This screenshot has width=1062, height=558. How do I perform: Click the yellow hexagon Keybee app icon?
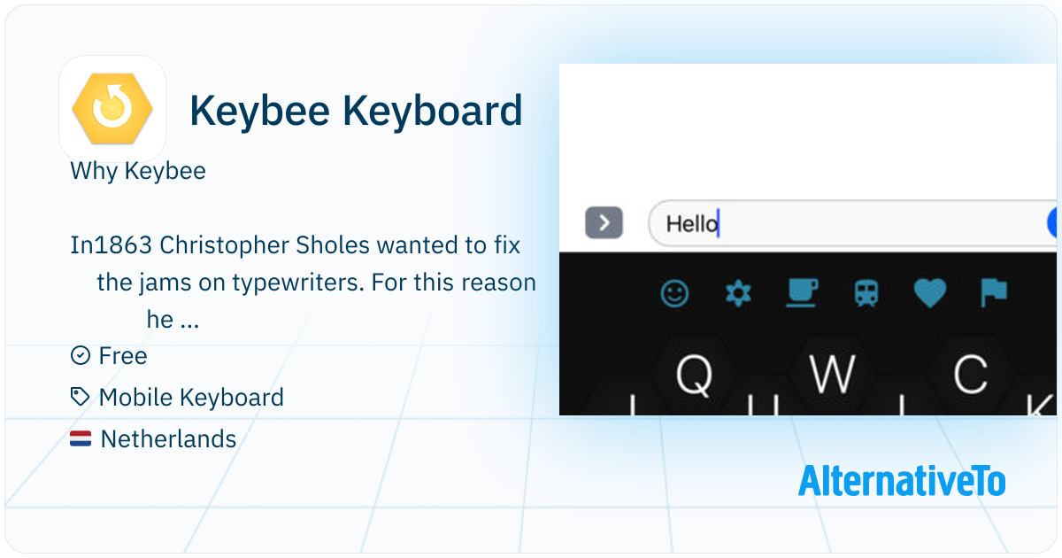pos(112,109)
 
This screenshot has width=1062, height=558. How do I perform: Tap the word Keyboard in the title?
pos(433,111)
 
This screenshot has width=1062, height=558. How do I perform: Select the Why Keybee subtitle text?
pos(138,171)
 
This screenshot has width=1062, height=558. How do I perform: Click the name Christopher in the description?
pos(224,245)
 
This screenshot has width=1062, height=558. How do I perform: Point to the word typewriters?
pos(298,283)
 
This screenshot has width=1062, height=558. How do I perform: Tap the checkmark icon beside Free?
pos(81,355)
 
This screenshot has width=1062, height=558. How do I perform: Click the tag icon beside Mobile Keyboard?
pos(80,397)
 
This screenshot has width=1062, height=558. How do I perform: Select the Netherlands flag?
pos(81,438)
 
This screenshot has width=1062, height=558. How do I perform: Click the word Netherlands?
pos(168,439)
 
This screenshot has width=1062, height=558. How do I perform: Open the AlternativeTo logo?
pos(902,480)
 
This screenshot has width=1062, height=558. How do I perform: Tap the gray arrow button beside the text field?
pos(604,222)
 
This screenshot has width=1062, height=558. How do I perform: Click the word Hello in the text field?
pos(692,224)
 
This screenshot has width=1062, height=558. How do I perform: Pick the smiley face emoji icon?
pos(674,294)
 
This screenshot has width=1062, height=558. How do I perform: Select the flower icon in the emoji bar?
pos(738,293)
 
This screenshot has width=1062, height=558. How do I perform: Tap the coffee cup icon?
pos(802,293)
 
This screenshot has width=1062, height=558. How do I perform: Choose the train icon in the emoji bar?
pos(866,294)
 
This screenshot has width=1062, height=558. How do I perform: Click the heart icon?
pos(930,293)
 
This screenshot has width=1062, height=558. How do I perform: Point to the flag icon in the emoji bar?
pos(994,293)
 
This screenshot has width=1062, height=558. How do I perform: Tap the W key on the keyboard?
pos(833,375)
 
